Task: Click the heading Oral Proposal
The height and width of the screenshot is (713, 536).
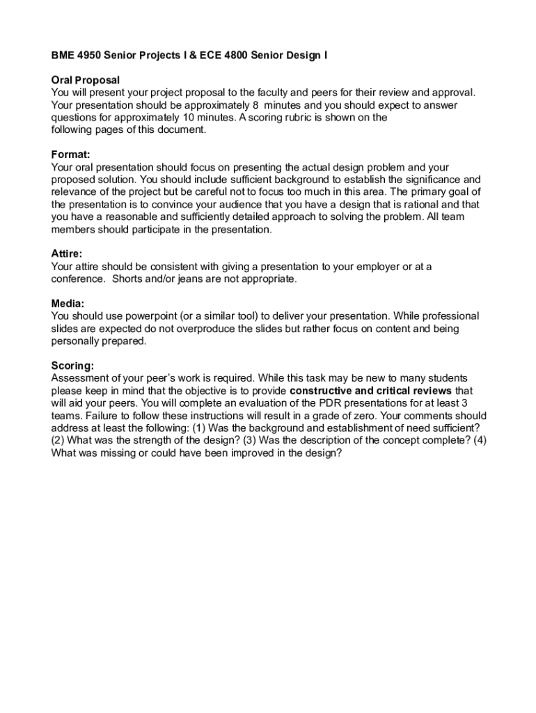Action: [x=86, y=80]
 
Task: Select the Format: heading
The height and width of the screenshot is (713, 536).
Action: [x=71, y=155]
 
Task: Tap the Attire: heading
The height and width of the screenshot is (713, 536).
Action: [x=67, y=254]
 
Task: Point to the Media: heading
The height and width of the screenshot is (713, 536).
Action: [x=68, y=304]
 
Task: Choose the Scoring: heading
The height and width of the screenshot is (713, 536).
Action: [x=72, y=366]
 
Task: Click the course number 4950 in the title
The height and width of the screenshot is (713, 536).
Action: [x=88, y=55]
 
